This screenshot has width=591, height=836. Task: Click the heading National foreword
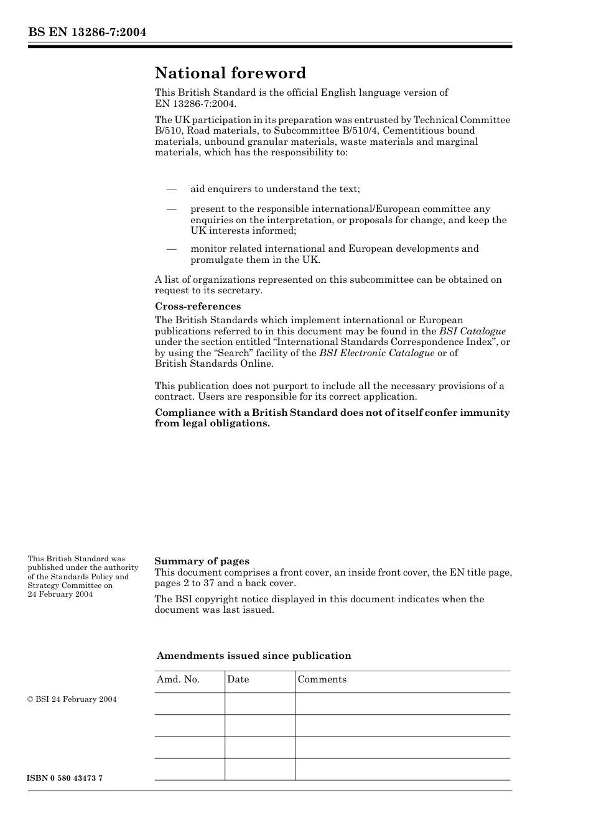point(230,73)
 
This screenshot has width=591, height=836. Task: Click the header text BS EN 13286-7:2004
point(87,32)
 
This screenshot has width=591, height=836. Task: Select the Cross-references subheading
point(197,306)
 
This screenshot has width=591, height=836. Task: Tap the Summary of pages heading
point(202,561)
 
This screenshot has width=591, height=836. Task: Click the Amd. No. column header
point(178,679)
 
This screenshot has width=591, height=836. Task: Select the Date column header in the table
point(238,679)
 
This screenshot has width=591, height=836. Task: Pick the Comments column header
point(322,679)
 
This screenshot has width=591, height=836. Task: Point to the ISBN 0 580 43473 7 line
point(65,778)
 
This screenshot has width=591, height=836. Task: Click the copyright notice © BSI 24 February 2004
point(72,699)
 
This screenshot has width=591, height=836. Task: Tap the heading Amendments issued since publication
point(254,656)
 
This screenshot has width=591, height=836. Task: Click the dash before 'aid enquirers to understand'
point(171,189)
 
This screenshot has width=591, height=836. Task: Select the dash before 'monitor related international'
point(171,249)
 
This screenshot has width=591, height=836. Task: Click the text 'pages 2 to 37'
point(184,583)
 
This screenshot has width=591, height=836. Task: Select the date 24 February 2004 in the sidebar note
point(60,594)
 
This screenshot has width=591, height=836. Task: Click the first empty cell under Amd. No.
point(189,704)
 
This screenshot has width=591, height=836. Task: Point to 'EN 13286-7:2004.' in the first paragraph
point(195,103)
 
